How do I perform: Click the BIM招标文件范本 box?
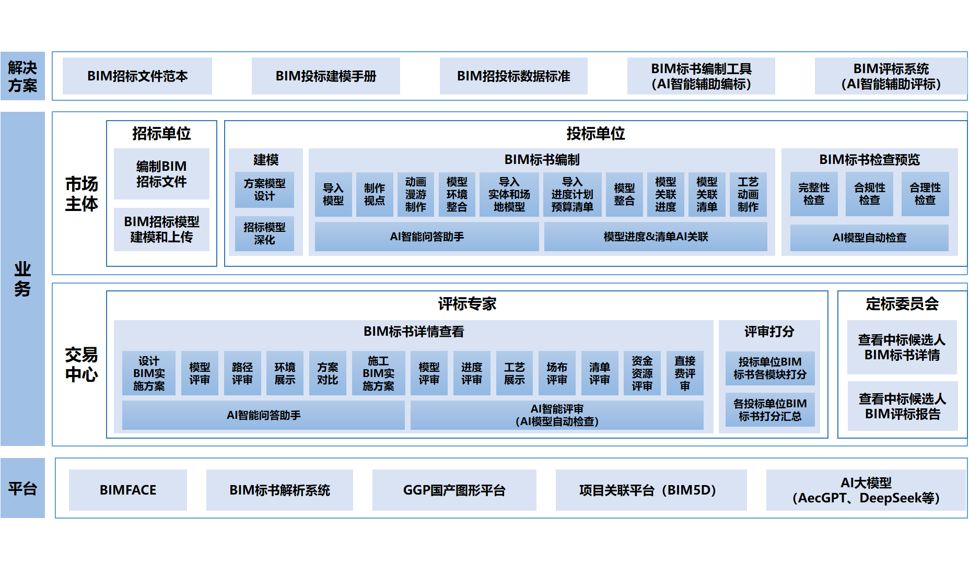137,76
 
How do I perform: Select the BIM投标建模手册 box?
325,76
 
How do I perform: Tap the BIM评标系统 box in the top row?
891,76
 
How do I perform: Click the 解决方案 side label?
22,76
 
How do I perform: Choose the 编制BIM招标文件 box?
161,174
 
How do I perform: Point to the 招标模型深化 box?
264,233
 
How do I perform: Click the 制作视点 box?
375,194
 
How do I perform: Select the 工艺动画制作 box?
748,194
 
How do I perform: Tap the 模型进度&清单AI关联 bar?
656,237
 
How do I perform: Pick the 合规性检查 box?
869,194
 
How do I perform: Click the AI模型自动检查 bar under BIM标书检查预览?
869,238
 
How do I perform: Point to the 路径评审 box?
242,373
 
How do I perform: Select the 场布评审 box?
557,373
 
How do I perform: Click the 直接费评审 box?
685,373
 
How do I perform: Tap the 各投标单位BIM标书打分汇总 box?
770,410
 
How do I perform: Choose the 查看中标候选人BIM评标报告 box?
902,406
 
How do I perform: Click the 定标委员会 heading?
902,304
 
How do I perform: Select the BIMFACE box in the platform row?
128,490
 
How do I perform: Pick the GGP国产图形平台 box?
454,490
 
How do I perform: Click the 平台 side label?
22,489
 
